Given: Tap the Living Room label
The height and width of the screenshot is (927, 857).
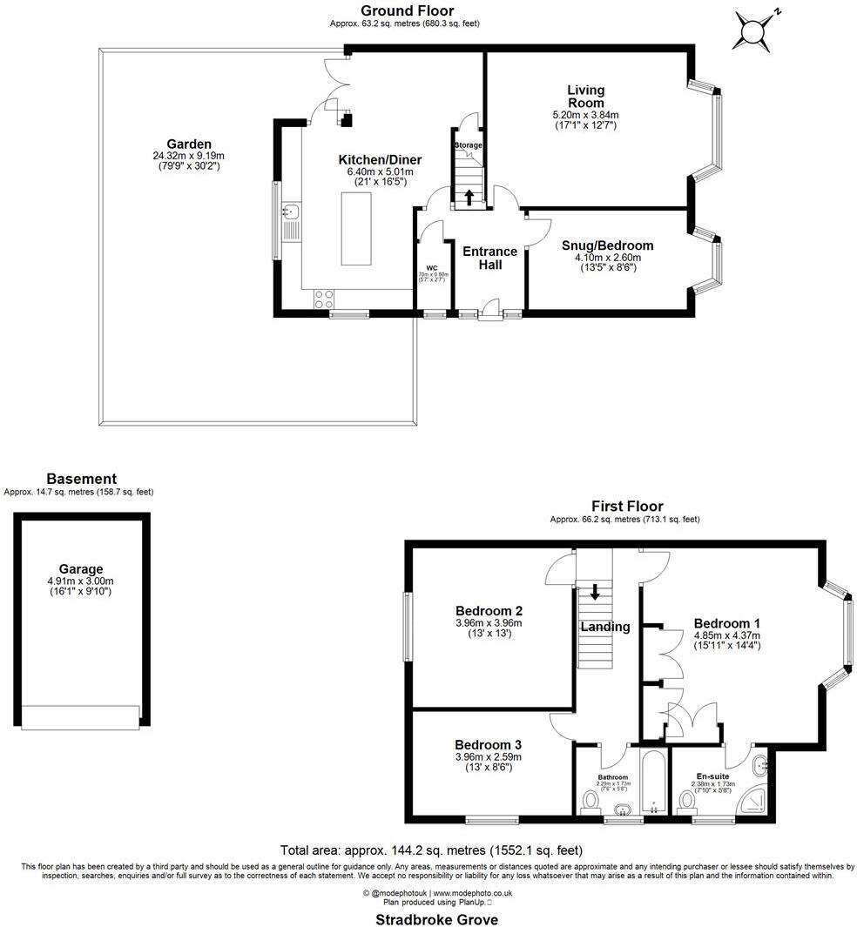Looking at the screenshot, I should (x=585, y=96).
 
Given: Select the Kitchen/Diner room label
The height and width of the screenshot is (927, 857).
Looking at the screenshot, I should (x=380, y=160).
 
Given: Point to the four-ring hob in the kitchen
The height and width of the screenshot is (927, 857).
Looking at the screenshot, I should (x=324, y=299).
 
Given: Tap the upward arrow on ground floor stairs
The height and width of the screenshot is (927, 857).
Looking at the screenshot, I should (x=469, y=197).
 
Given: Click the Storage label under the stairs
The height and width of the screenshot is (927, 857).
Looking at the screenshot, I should (x=468, y=144).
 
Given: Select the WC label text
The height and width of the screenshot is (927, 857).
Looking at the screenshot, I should (x=431, y=267).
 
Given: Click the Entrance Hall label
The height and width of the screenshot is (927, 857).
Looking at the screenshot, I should (x=489, y=258).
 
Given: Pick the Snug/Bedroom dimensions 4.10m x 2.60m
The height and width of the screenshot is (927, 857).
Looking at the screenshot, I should (x=607, y=258).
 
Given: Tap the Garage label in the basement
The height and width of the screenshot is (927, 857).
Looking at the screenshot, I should (x=81, y=569).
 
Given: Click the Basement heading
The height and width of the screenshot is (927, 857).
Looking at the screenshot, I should (x=81, y=479).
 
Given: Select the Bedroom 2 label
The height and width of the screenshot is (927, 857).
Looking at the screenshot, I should (x=488, y=610).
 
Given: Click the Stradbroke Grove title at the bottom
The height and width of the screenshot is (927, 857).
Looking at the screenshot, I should (x=436, y=919).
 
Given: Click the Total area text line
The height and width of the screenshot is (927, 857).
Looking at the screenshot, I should (x=431, y=850).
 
